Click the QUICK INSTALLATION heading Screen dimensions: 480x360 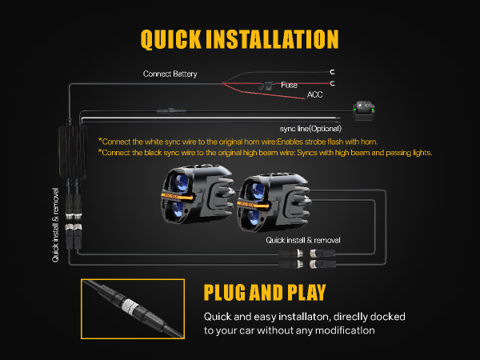tap(240, 39)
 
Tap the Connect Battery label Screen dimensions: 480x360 tap(170, 74)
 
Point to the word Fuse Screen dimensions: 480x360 tap(289, 85)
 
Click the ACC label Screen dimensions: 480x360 tap(314, 94)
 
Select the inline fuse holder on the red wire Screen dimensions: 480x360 tap(266, 86)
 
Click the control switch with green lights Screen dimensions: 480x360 tap(364, 111)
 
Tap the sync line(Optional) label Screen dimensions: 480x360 tap(310, 129)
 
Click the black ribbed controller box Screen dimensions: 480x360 tap(73, 151)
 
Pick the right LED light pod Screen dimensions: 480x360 tap(274, 202)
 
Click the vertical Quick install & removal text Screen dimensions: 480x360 tap(55, 225)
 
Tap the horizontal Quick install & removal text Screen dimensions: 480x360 tap(302, 240)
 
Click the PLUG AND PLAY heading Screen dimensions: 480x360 tap(265, 292)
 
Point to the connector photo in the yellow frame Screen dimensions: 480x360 tap(133, 309)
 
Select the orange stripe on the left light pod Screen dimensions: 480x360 tap(177, 196)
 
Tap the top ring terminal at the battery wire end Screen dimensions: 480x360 tap(333, 72)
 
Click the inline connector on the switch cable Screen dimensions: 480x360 tap(171, 111)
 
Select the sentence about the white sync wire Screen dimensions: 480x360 tap(238, 142)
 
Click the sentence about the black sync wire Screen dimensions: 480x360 tap(265, 153)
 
